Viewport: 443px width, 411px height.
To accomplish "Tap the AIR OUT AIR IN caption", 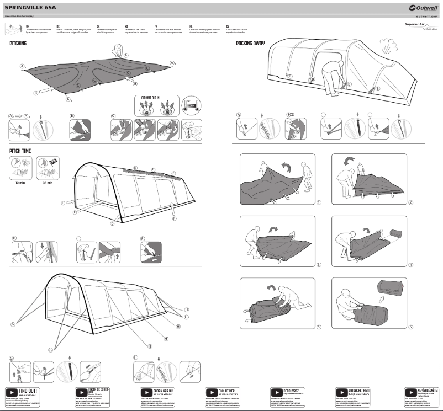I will pyautogui.click(x=151, y=98).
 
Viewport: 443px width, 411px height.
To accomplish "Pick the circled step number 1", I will pyautogui.click(x=319, y=202).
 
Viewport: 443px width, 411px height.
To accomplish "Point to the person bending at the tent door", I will pyautogui.click(x=331, y=73).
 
